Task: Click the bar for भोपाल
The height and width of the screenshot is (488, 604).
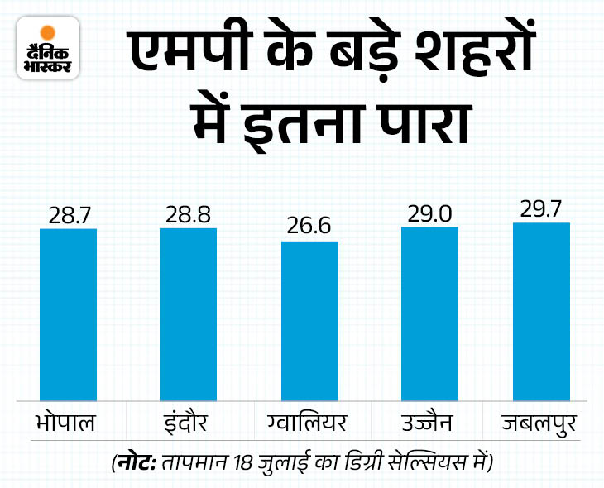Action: point(68,314)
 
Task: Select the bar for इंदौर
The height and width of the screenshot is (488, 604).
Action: point(188,314)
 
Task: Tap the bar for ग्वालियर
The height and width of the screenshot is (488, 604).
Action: point(309,321)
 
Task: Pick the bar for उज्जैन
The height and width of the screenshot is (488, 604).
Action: point(429,313)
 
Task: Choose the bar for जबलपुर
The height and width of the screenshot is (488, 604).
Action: point(541,311)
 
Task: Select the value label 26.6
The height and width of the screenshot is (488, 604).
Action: point(309,227)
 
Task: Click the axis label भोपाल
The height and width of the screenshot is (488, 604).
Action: point(68,424)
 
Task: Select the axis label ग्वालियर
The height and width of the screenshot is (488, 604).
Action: point(309,424)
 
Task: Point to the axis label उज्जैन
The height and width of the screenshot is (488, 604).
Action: point(429,424)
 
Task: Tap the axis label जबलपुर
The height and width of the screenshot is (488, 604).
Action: point(541,424)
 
